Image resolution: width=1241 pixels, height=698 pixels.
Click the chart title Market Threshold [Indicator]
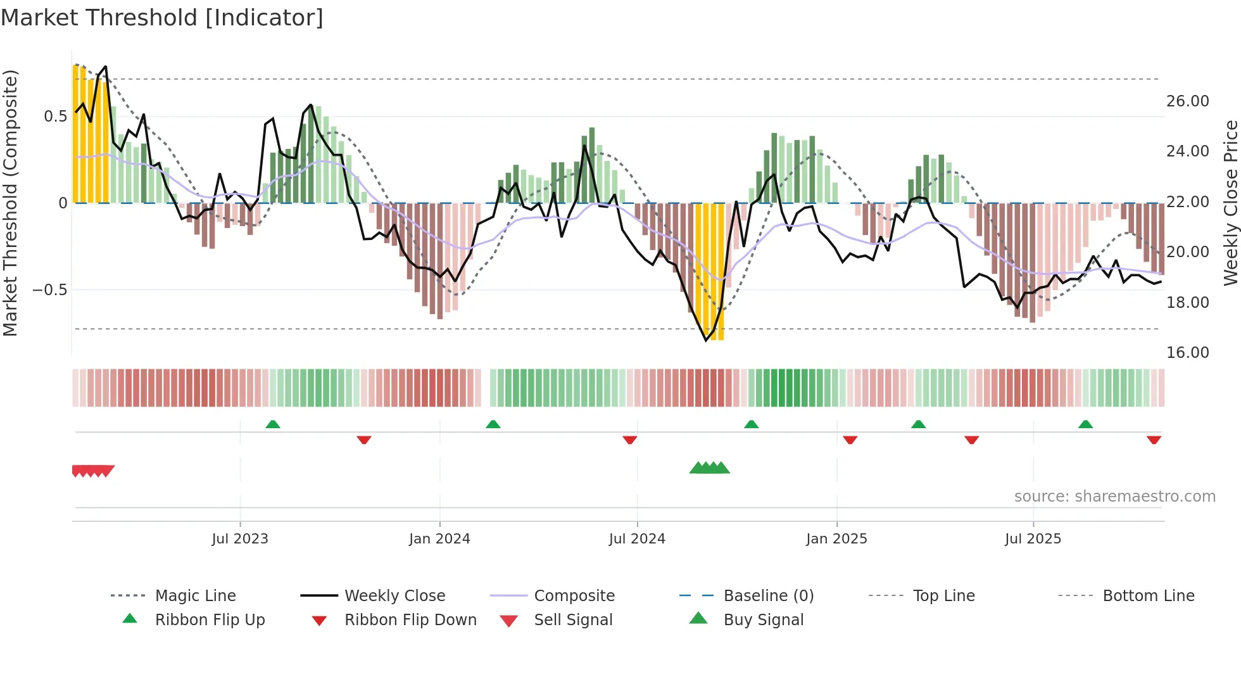click(162, 18)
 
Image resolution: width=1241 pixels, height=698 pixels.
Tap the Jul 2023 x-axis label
click(240, 539)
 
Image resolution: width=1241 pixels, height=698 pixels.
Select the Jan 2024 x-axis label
click(439, 539)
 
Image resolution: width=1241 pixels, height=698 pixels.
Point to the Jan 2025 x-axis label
click(836, 539)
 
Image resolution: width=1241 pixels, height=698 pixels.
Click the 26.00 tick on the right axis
click(1187, 101)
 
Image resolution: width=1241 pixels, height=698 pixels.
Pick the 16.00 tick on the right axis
click(1187, 353)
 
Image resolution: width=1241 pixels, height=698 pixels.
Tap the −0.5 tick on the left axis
click(49, 290)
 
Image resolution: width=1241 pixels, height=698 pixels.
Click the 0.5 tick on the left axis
click(55, 117)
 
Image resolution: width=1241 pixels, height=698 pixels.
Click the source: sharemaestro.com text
click(1114, 497)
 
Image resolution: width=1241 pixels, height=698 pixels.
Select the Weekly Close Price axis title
click(1230, 203)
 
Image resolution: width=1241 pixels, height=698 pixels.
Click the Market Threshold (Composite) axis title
click(10, 203)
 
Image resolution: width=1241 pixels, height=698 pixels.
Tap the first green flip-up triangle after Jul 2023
click(273, 424)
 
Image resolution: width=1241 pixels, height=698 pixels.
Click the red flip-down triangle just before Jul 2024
click(629, 440)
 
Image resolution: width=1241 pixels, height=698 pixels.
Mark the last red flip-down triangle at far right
click(1154, 440)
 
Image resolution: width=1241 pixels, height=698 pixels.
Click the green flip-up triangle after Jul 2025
click(1085, 424)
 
